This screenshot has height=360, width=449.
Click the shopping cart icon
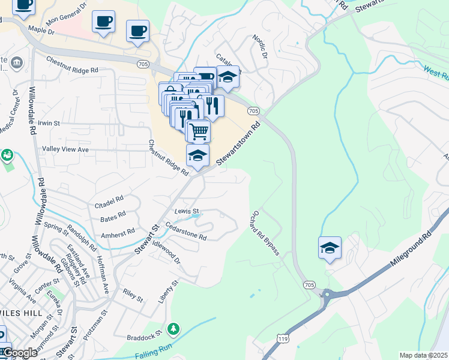click(x=198, y=130)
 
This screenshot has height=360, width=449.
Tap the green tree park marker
click(x=173, y=329)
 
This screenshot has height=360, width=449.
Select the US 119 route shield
click(x=281, y=339)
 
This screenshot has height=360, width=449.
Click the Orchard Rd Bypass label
click(x=265, y=233)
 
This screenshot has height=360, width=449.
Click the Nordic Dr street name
click(x=260, y=46)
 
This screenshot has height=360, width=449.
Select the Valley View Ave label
click(x=65, y=149)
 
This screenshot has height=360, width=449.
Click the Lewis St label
click(x=187, y=211)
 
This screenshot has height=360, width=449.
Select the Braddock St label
click(x=145, y=334)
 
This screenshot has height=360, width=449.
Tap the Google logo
click(x=20, y=353)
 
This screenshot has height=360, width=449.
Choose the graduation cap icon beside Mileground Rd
click(x=330, y=247)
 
